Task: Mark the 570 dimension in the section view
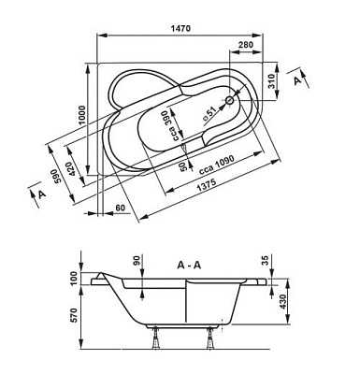pyautogui.click(x=70, y=317)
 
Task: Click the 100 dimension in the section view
pyautogui.click(x=70, y=279)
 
